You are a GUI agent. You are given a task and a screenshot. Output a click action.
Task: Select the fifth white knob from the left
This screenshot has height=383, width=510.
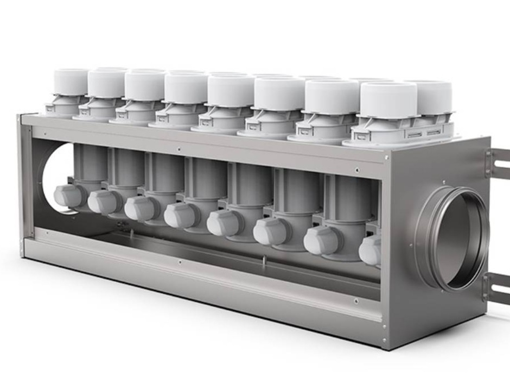pos(222,223)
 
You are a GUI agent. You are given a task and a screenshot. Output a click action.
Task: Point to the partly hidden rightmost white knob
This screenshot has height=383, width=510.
pos(371,250)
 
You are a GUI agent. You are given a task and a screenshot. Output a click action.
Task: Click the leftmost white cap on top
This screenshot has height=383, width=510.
pos(71,82)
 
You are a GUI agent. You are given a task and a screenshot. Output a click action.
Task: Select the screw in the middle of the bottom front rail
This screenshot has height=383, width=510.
pos(179,262)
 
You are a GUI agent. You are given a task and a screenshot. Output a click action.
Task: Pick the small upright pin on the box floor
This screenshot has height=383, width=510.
pos(264,261)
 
